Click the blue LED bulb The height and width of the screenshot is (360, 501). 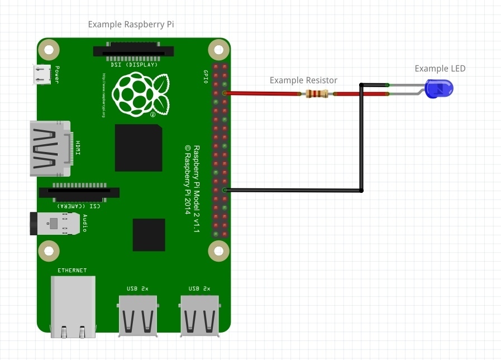(440, 89)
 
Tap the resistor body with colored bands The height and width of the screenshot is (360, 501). (317, 94)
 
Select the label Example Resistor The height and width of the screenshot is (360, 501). (303, 80)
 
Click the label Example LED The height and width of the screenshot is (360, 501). (440, 69)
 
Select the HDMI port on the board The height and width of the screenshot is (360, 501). (50, 148)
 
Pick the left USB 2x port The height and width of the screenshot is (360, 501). (137, 316)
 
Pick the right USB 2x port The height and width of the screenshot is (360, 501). (199, 316)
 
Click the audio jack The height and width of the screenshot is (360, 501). (53, 224)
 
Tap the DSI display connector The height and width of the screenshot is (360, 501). (133, 52)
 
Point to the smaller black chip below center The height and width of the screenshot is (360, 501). (149, 235)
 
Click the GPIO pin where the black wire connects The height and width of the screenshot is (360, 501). (224, 191)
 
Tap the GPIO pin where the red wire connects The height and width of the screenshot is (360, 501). (224, 93)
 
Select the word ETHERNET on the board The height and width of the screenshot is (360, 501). (73, 271)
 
